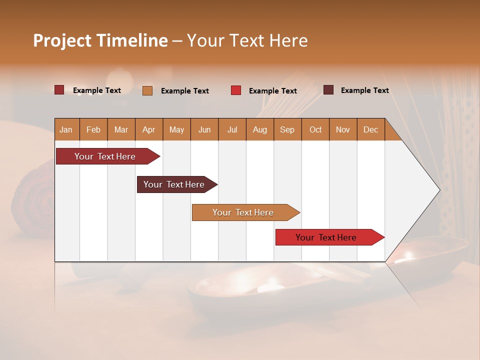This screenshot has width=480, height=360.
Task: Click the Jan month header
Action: coord(66,129)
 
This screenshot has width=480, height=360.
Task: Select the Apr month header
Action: coord(148,129)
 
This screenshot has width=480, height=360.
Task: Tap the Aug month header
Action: coord(259,129)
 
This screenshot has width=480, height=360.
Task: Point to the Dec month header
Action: coord(370,129)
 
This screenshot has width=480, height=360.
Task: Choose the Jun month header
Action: coord(204,129)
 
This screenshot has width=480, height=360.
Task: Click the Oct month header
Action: coord(315,129)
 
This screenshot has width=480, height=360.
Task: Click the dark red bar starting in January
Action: coord(105,156)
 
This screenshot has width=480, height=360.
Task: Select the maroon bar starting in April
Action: coord(174,184)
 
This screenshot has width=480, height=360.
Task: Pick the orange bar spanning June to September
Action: coord(243,212)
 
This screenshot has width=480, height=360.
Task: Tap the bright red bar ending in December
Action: coord(326,237)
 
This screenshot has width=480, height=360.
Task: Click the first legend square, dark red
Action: coord(59,90)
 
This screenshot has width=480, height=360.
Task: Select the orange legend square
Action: coord(147,90)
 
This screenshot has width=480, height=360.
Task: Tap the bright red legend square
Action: coord(235,90)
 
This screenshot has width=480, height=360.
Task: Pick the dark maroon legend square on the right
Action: coord(328,90)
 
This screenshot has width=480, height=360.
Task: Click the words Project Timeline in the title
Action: coord(100,40)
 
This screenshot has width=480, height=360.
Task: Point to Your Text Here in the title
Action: coord(247,40)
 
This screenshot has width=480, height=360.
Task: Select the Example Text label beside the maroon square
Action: coord(364,90)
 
